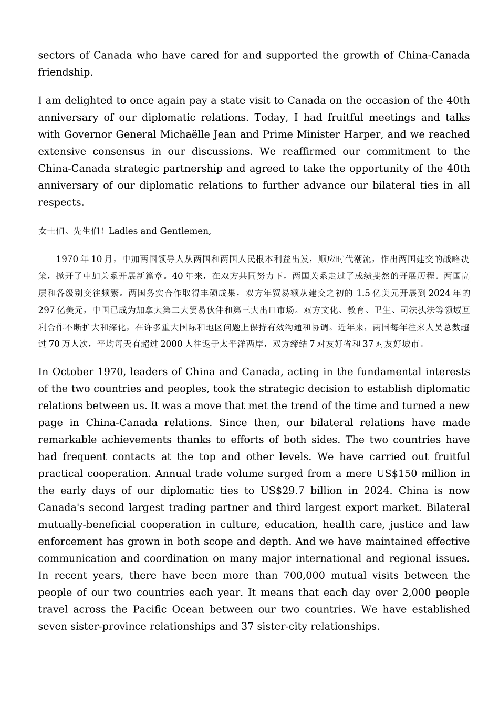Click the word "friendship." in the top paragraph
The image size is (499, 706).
[65, 72]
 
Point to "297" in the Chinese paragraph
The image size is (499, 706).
[46, 310]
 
